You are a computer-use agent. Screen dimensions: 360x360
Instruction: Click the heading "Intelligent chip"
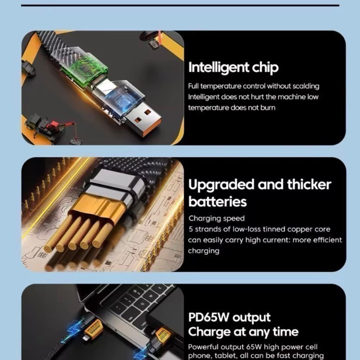(x=233, y=67)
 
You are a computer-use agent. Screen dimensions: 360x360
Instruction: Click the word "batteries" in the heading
(x=217, y=201)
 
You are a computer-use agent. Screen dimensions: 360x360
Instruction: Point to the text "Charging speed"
(x=217, y=218)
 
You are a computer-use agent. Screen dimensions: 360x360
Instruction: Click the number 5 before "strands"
(x=191, y=229)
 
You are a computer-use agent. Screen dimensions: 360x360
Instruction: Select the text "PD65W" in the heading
(x=208, y=317)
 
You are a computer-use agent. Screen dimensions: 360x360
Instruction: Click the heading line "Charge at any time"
(x=243, y=332)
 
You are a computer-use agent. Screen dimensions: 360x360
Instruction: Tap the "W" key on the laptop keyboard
(x=151, y=295)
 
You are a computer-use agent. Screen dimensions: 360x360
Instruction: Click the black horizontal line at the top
(x=180, y=5)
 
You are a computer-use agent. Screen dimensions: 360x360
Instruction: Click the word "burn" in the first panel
(x=268, y=107)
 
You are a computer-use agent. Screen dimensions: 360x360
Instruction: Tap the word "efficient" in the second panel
(x=328, y=240)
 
